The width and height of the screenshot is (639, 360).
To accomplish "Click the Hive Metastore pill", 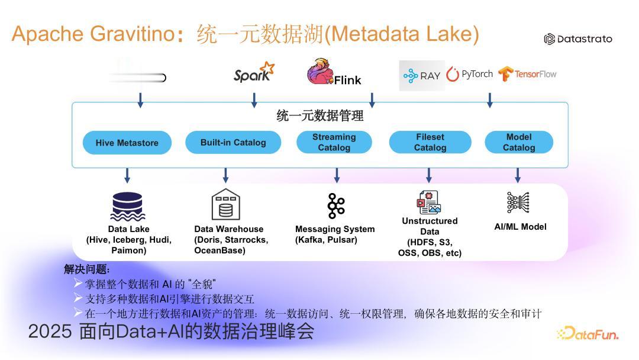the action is [127, 143].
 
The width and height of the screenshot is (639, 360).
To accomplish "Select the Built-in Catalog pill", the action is [233, 142].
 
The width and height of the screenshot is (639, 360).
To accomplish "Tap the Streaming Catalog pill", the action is [334, 142].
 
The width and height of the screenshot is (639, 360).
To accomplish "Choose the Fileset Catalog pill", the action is [430, 142].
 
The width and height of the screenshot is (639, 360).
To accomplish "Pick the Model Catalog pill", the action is [519, 142].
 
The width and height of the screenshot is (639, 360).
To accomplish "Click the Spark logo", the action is [254, 72].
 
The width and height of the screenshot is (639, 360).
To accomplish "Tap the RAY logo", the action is [422, 75].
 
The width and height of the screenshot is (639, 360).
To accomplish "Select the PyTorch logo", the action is [469, 74].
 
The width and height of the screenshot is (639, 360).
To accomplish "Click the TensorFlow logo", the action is [527, 74].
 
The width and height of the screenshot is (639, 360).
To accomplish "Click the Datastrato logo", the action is [578, 39].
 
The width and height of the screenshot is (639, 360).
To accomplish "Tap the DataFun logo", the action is [588, 333].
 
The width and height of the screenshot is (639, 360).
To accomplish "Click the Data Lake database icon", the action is [128, 206].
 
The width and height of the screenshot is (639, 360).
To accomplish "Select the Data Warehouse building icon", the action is [226, 204].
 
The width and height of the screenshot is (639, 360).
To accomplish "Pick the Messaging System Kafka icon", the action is [336, 206].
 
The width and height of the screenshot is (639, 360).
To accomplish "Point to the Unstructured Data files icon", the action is [429, 202].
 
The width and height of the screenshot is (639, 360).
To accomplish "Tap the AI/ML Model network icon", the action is [518, 202].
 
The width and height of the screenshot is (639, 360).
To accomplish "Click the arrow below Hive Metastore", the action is [127, 175].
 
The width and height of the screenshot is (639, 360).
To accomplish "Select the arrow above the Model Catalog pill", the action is [490, 100].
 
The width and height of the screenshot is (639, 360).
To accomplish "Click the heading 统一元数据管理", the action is [320, 116].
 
